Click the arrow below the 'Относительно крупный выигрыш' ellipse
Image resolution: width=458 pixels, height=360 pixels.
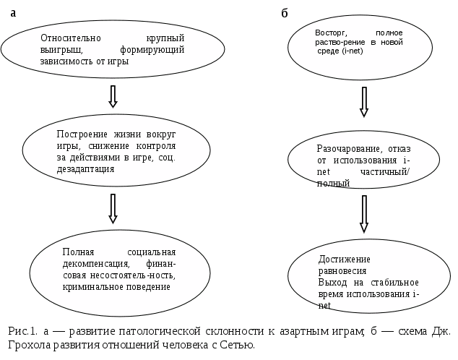click(x=113, y=96)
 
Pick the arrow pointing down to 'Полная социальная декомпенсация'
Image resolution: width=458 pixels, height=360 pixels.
click(x=113, y=208)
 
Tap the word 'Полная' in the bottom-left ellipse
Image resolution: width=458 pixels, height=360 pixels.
click(x=77, y=252)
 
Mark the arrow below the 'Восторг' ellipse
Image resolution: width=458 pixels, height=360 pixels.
click(x=364, y=102)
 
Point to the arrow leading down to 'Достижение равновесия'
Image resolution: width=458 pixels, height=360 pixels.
click(x=364, y=214)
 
